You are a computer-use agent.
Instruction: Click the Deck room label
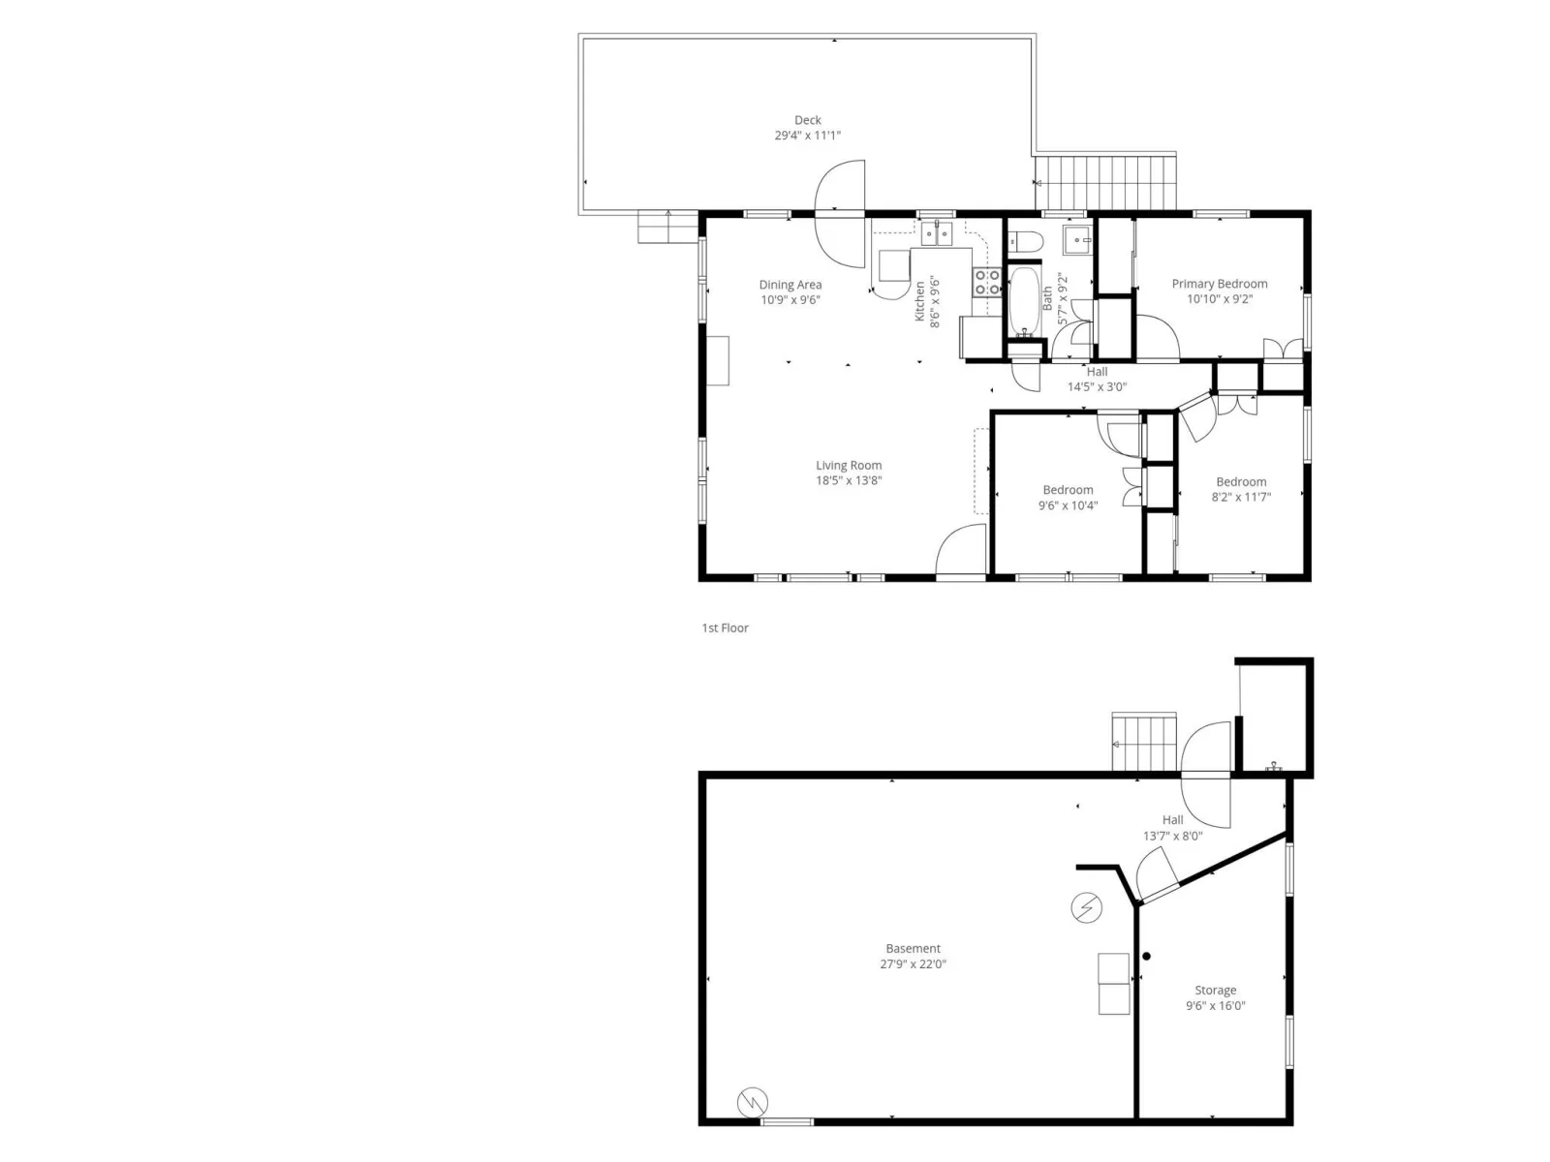pos(807,120)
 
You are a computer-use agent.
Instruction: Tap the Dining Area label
pos(790,285)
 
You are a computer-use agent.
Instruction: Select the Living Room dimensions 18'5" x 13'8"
pos(849,480)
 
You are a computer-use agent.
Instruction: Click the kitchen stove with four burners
pos(987,282)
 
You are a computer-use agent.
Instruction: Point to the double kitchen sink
pos(937,233)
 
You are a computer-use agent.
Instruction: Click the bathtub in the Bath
pos(1024,301)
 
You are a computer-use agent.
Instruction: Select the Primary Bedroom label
pos(1220,284)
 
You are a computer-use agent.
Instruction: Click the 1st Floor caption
pos(725,627)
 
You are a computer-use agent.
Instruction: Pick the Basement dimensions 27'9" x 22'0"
pos(914,963)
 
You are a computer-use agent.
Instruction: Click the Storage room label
pos(1215,991)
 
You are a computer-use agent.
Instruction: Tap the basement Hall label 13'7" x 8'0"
pos(1173,828)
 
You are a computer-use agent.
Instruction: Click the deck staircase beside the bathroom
pos(1106,182)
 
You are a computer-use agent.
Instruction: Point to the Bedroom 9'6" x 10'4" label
pos(1068,498)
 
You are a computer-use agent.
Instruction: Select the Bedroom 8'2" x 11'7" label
pos(1241,489)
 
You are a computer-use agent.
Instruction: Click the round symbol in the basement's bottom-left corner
pos(753,1102)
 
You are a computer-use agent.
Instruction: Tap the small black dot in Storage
pos(1147,956)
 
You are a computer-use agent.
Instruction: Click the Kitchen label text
pos(919,301)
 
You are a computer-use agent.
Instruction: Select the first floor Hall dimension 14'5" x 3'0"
pos(1097,386)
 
